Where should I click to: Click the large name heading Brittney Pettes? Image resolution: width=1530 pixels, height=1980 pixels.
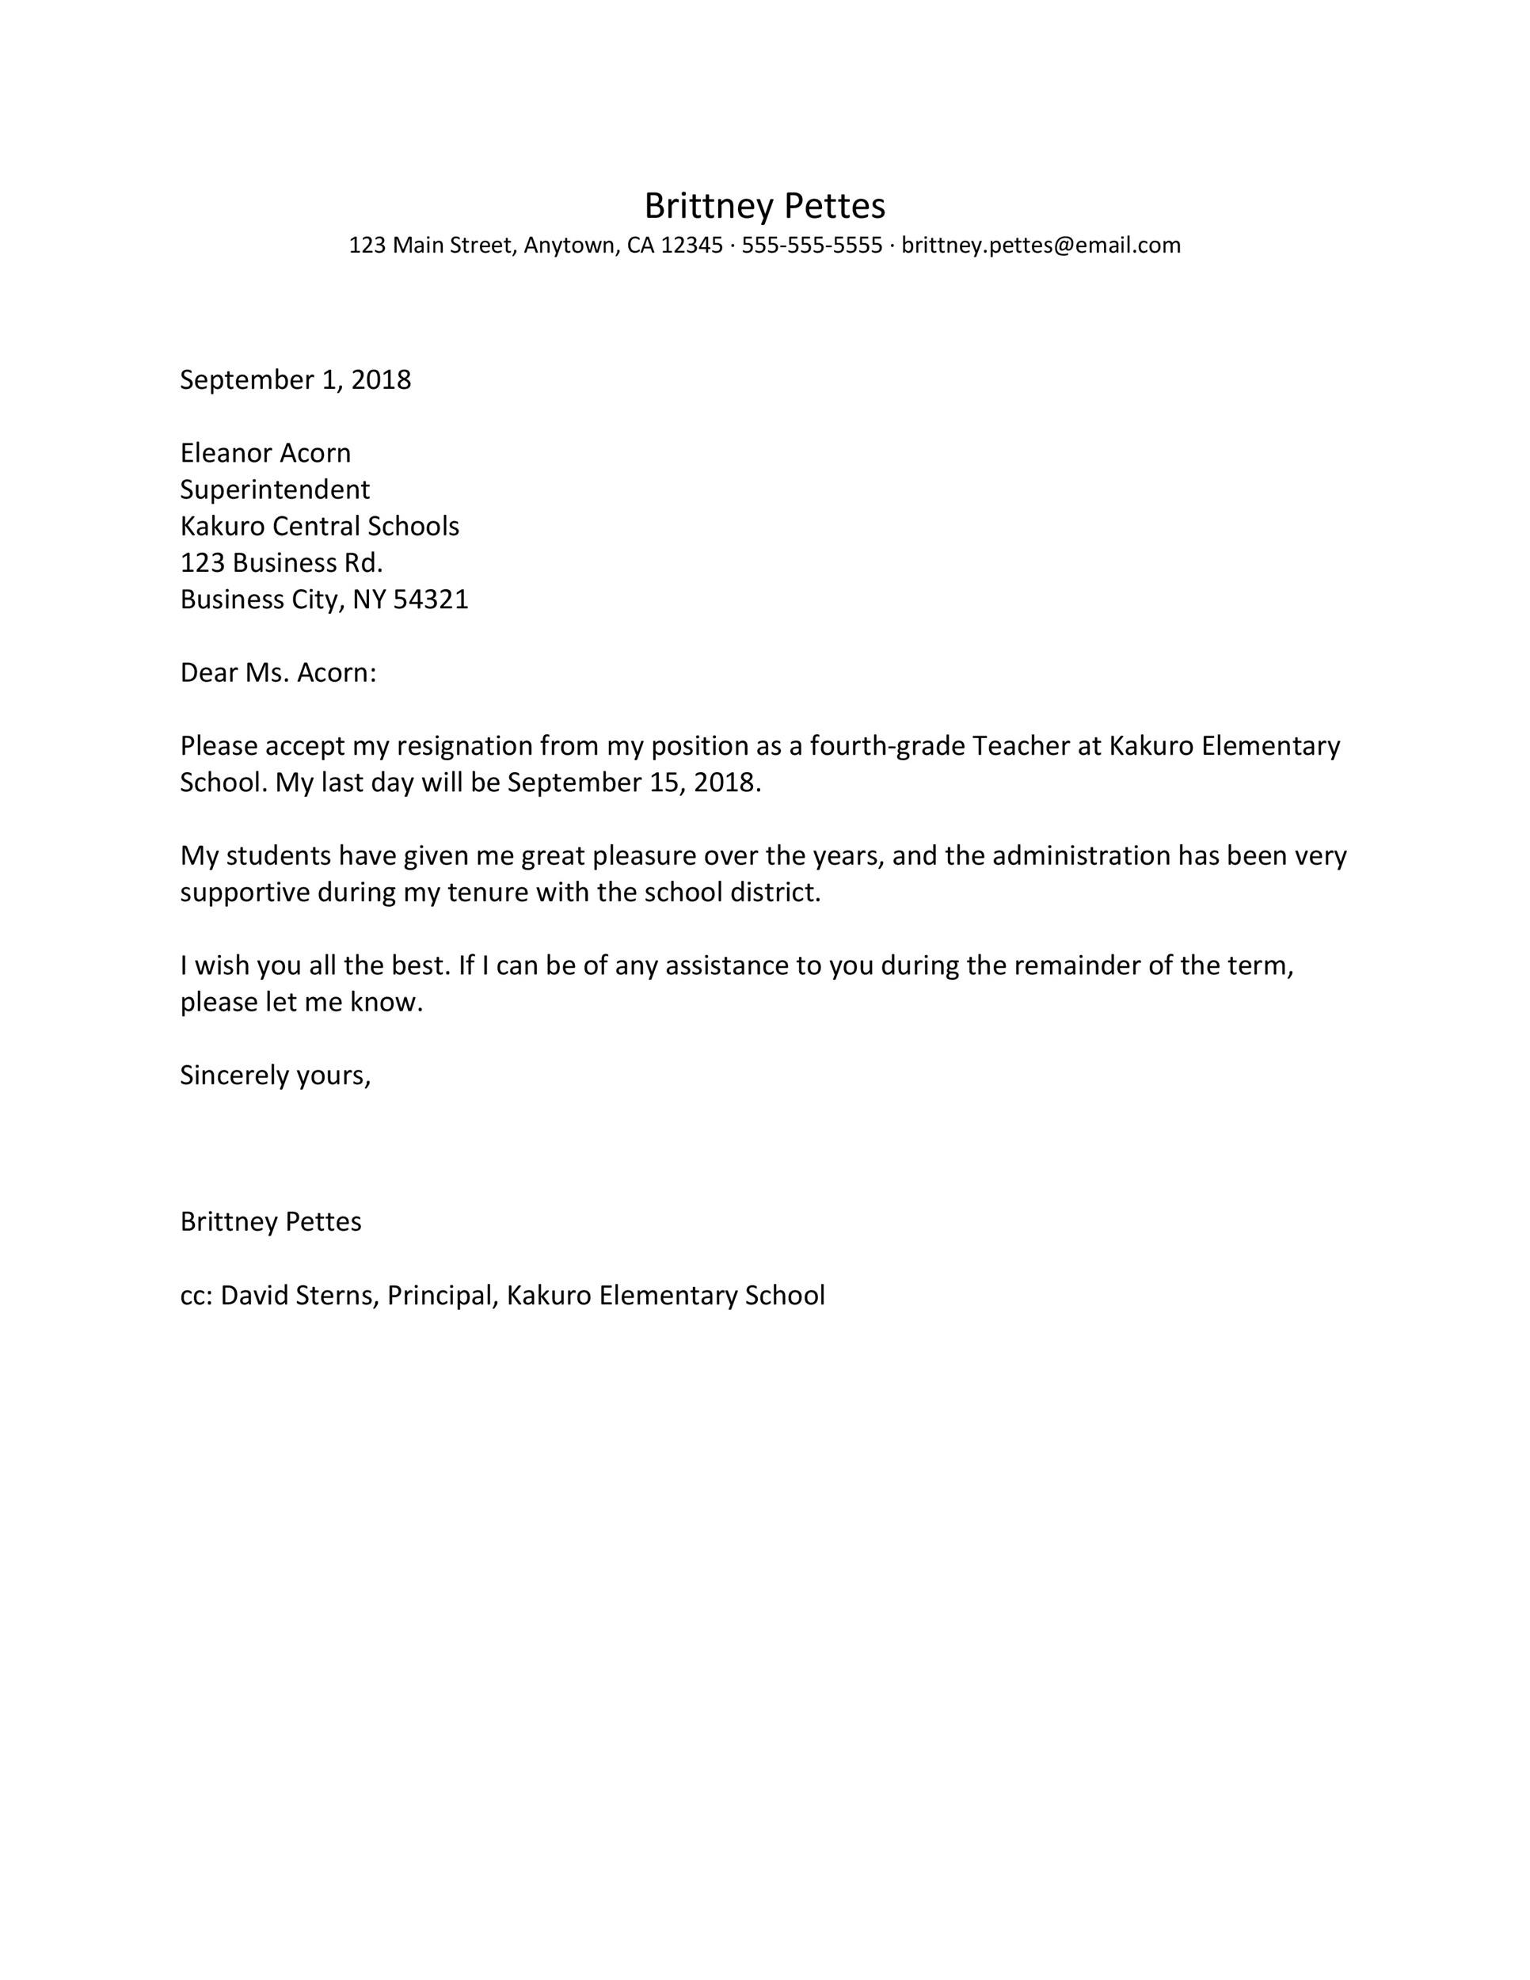(764, 207)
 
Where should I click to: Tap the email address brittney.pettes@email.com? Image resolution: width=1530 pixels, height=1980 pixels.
(1041, 246)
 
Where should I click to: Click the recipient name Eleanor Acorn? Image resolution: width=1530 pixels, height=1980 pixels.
(265, 452)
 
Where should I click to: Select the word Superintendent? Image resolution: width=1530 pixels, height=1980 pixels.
(275, 489)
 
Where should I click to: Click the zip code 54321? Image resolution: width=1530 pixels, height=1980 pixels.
(431, 600)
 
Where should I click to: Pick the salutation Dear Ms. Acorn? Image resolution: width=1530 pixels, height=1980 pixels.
(277, 672)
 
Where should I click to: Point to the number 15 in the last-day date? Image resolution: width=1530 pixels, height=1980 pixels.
(664, 782)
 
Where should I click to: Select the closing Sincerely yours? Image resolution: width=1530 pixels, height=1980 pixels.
(276, 1076)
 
